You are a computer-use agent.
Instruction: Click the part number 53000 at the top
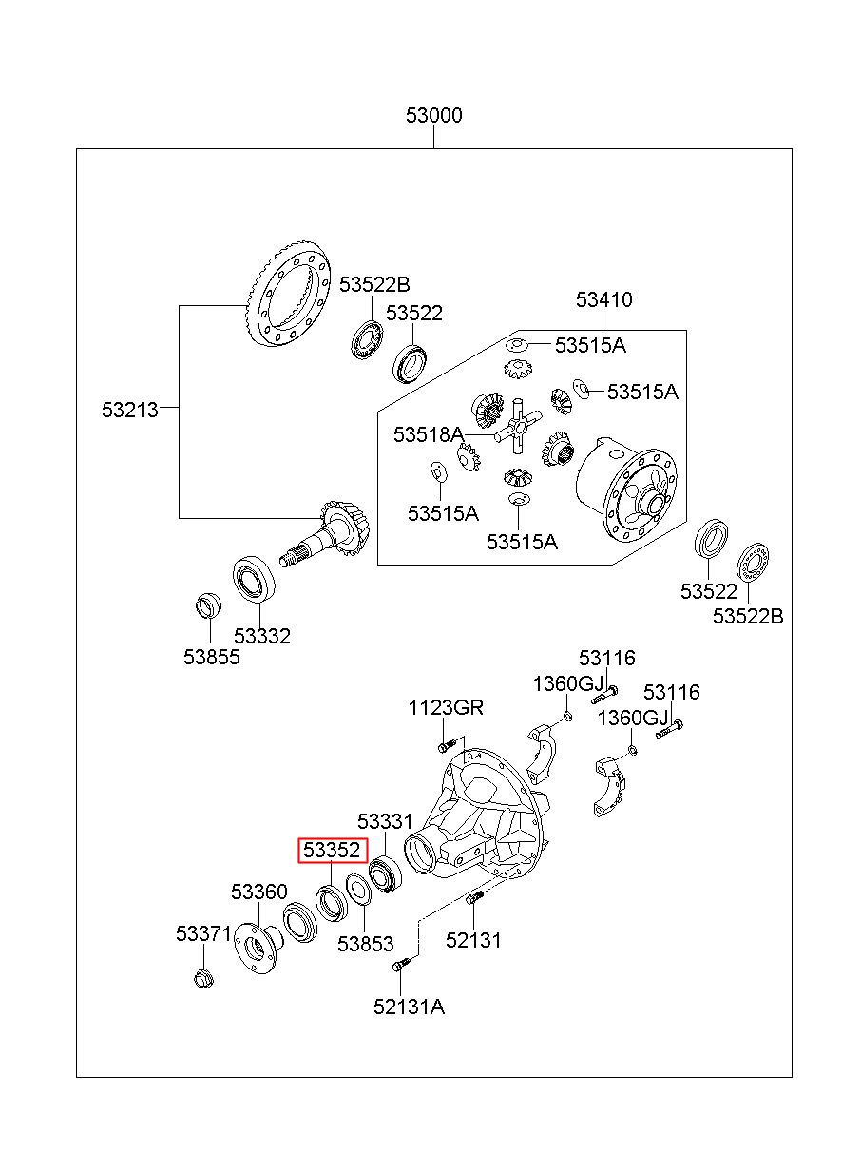click(x=433, y=116)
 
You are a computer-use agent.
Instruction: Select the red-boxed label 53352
click(x=333, y=850)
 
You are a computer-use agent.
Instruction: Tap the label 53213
click(x=130, y=410)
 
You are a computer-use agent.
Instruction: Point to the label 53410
click(x=603, y=299)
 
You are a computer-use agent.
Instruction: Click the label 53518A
click(x=429, y=434)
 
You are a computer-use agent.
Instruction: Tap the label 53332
click(x=262, y=636)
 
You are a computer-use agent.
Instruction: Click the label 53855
click(x=212, y=657)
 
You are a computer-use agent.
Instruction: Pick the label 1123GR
click(x=446, y=707)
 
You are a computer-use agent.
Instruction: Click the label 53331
click(x=385, y=821)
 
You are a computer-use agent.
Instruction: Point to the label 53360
click(x=258, y=892)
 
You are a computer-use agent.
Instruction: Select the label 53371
click(x=203, y=933)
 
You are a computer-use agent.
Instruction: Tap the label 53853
click(x=365, y=944)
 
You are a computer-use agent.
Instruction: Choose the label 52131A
click(x=409, y=1007)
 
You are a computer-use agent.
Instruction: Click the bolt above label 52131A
click(x=401, y=964)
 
